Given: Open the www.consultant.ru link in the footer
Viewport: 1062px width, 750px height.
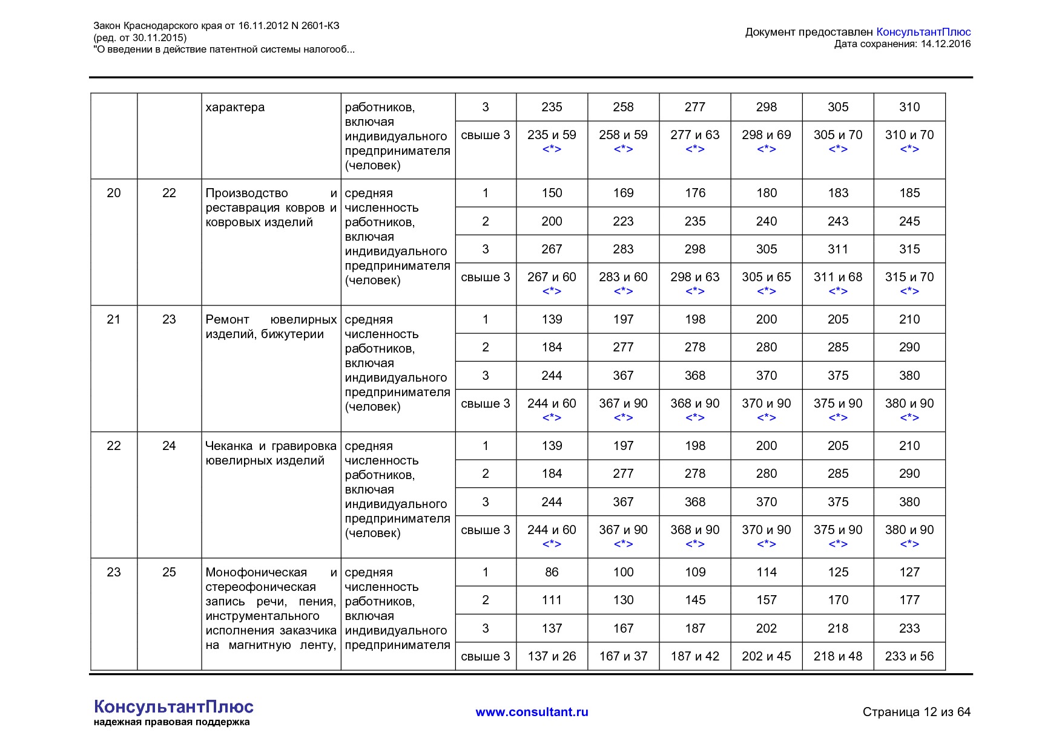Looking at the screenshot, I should (532, 712).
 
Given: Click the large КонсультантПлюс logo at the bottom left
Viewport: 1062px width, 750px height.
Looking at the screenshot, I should (173, 706).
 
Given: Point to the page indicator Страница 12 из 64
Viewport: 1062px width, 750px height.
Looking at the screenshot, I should (916, 712).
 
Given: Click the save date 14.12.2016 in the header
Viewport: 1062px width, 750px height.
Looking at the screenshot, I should (945, 44).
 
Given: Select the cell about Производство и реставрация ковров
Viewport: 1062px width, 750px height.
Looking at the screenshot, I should (271, 207).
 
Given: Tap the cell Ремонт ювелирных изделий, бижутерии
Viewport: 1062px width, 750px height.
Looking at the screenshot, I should (271, 327).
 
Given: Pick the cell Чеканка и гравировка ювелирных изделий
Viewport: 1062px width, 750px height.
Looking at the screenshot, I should (271, 453).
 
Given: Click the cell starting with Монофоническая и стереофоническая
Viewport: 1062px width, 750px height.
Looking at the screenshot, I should (271, 608).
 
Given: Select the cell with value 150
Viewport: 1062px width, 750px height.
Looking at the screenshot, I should (552, 193).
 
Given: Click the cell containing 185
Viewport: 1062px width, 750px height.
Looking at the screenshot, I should (909, 193).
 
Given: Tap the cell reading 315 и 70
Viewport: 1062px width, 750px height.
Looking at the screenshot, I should (909, 277).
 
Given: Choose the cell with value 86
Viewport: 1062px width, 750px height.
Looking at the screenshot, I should (552, 572).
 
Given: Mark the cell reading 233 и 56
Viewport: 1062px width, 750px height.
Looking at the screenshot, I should (909, 656).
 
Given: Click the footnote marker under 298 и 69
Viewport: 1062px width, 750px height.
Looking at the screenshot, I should (766, 149).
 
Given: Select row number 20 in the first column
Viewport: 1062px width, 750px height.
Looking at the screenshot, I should (114, 193).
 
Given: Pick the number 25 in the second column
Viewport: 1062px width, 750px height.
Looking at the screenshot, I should (169, 572).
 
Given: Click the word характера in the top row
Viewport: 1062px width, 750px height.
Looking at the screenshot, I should (235, 108).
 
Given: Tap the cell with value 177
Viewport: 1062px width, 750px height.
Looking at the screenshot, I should (909, 600).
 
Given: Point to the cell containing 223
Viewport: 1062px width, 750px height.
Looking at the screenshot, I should (623, 221).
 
